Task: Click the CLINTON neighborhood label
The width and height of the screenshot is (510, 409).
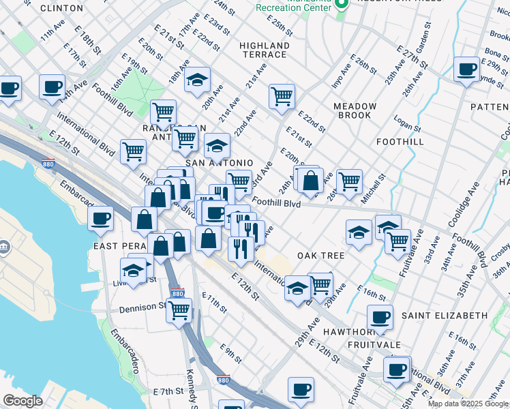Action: [61, 8]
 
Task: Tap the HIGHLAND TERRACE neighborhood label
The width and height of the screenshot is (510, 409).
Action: [265, 50]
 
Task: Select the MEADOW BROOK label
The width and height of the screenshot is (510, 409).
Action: [355, 111]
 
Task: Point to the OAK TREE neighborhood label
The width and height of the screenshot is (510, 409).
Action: [320, 256]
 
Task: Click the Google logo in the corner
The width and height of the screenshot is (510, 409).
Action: [22, 401]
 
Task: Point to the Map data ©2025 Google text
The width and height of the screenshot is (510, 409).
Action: [468, 404]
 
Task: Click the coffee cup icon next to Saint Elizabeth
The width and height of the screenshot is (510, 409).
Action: [380, 316]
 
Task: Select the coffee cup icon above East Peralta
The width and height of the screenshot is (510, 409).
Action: [100, 217]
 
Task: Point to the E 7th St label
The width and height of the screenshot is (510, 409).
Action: [169, 391]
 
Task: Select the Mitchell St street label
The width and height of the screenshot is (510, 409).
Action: [374, 185]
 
